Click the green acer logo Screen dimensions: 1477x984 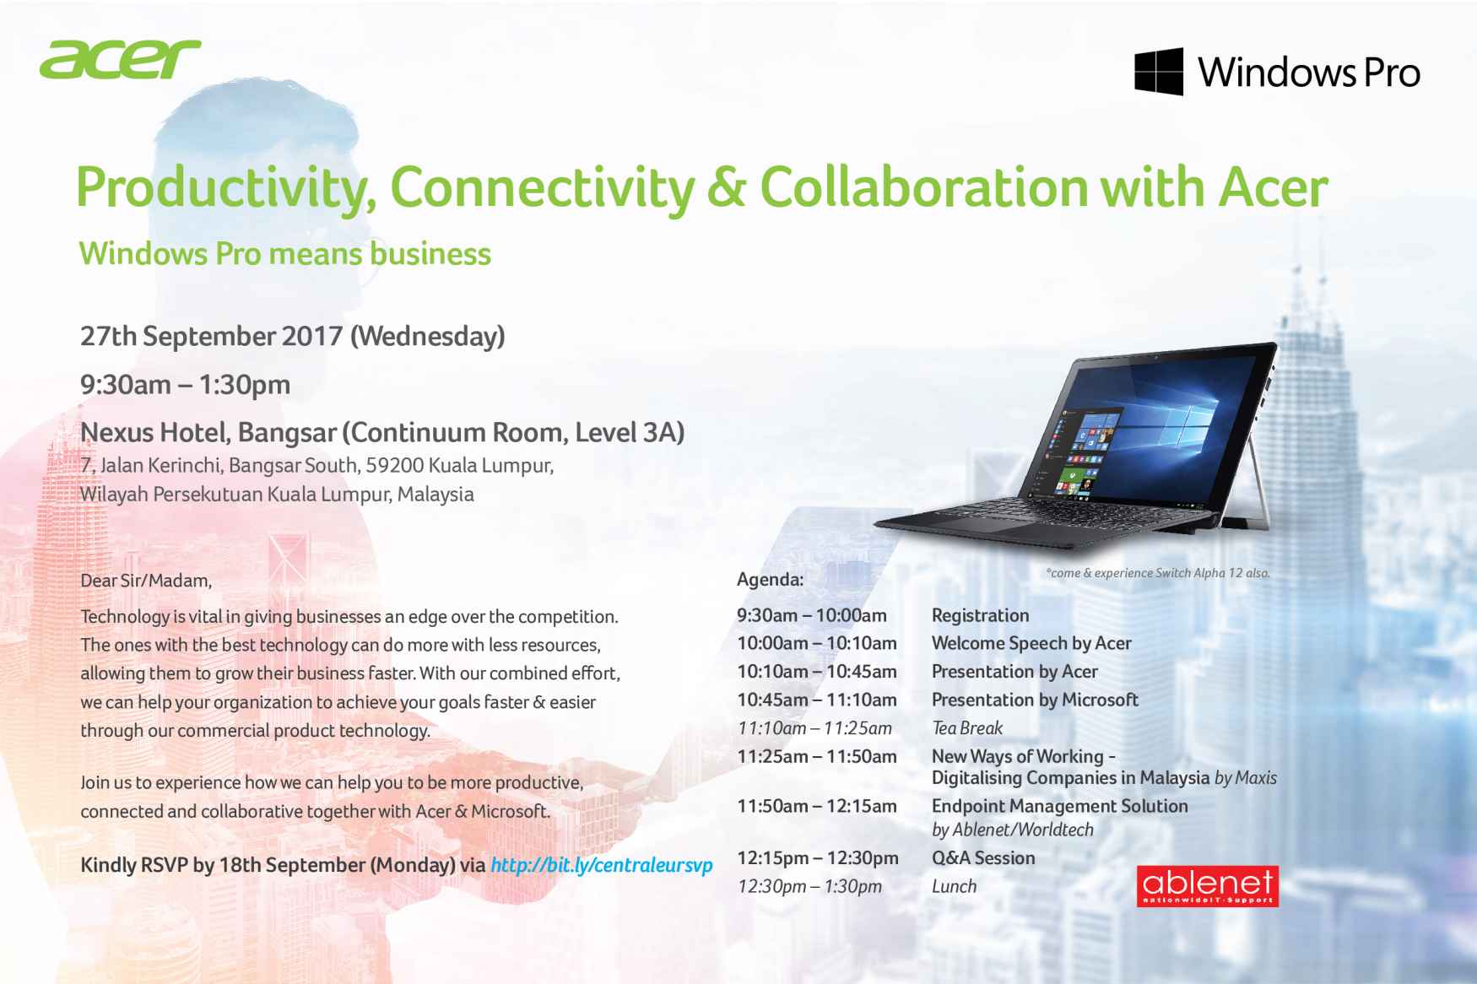point(119,59)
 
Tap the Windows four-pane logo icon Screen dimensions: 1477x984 point(1158,71)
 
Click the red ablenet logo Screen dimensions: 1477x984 point(1207,886)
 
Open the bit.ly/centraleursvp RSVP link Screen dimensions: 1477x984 point(602,865)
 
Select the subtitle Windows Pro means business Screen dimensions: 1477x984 point(285,254)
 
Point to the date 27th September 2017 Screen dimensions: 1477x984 point(211,336)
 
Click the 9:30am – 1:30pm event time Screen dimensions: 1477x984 point(186,385)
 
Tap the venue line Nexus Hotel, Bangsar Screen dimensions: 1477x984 point(210,433)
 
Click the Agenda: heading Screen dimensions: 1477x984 point(770,580)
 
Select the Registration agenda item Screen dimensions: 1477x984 point(980,615)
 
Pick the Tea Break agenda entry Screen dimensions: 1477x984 point(967,727)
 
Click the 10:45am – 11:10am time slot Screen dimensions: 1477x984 point(817,700)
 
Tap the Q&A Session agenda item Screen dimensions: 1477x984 point(983,858)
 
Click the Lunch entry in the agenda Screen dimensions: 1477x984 point(954,886)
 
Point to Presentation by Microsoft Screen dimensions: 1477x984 point(1035,700)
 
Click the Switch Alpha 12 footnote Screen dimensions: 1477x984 point(1158,573)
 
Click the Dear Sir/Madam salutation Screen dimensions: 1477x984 point(146,581)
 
